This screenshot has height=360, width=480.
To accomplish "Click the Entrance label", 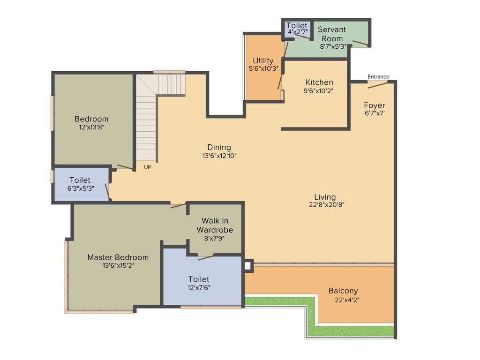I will (x=378, y=77).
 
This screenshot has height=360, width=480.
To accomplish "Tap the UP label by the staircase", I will (x=147, y=167).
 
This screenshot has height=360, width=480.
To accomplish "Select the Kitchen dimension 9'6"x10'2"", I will (x=319, y=91).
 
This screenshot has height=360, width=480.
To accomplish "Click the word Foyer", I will (x=374, y=105).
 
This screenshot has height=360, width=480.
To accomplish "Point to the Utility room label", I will (x=263, y=60).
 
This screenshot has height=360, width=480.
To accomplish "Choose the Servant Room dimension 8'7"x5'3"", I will (x=333, y=46).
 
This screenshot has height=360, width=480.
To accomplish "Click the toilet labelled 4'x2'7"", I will (x=297, y=29).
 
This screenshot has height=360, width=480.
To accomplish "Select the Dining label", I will (x=219, y=147).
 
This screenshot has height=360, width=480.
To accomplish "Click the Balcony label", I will (x=343, y=291).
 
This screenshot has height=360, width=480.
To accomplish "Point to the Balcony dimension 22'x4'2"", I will (x=347, y=300).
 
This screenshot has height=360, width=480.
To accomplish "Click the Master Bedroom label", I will (x=118, y=257).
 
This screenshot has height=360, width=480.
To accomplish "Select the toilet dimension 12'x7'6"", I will (x=199, y=288).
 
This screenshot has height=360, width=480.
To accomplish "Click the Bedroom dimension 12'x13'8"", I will (x=91, y=127).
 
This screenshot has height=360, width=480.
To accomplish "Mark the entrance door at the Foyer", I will (x=378, y=85).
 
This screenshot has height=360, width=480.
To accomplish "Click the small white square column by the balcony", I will (x=247, y=265).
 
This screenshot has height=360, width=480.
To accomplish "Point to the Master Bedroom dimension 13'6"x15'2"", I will (x=119, y=265).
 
